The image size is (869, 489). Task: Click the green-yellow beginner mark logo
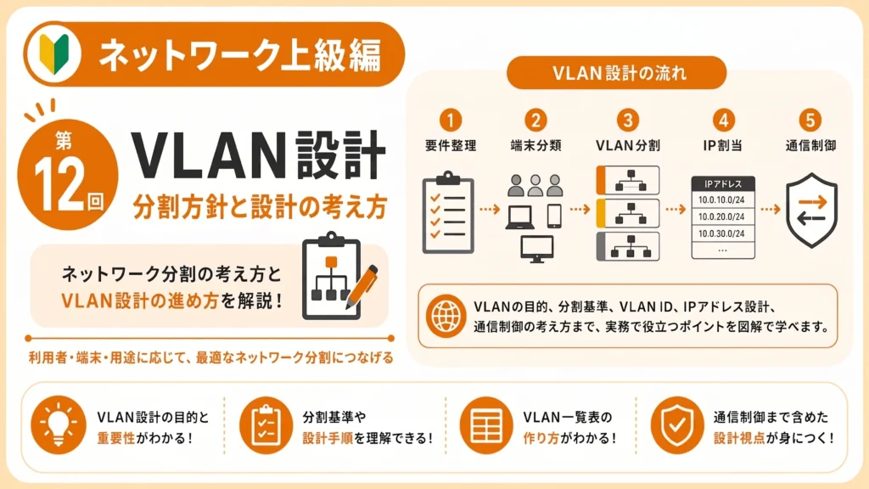tap(53, 53)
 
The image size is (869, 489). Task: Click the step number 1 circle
tap(450, 120)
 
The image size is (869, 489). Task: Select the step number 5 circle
tap(810, 120)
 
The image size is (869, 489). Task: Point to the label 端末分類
tap(535, 145)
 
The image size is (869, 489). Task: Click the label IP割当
tap(723, 145)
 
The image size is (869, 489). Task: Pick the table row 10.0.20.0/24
tap(723, 216)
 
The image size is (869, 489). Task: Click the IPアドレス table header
tap(723, 184)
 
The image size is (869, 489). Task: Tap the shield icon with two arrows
tap(811, 211)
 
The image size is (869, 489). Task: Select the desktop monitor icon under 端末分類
tap(536, 249)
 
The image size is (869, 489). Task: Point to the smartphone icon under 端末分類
tap(554, 216)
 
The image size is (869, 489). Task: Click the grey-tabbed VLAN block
tap(628, 246)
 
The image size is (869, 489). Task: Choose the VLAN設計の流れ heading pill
tap(616, 73)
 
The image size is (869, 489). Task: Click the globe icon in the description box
tap(446, 316)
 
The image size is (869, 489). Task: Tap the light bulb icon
tap(59, 425)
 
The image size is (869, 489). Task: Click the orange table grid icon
tap(486, 425)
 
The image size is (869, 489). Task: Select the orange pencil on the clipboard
tap(362, 287)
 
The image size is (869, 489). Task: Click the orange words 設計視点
tap(739, 438)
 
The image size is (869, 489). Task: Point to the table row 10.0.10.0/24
tap(723, 200)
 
